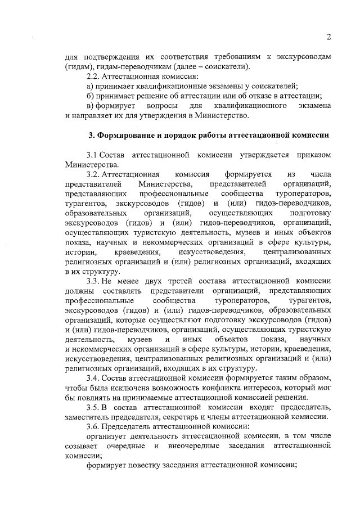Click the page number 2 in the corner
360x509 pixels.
(328, 37)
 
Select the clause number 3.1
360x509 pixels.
(92, 155)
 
